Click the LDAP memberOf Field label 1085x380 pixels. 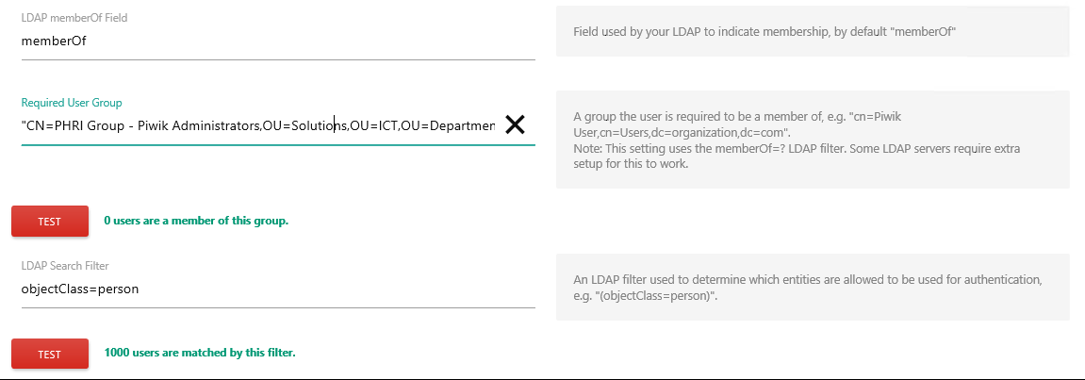coord(74,18)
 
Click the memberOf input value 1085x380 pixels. coord(54,41)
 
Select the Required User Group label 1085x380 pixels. coord(72,103)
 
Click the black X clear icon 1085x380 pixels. coord(515,124)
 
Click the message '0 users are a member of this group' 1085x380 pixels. coord(196,221)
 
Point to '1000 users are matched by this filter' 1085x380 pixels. coord(200,353)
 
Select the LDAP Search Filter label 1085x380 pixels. coord(65,265)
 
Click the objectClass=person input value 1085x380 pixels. coord(80,289)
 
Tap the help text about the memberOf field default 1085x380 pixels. coord(764,31)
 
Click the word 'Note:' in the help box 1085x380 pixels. coord(586,149)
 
